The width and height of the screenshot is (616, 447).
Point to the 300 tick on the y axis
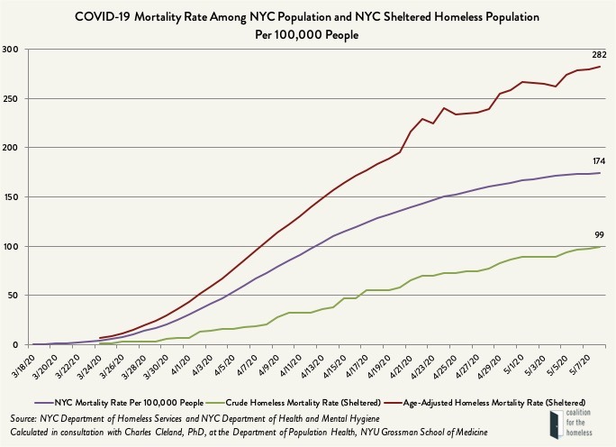13,49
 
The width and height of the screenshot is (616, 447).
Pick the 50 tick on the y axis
15,296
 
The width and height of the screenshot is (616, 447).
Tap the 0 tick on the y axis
18,344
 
